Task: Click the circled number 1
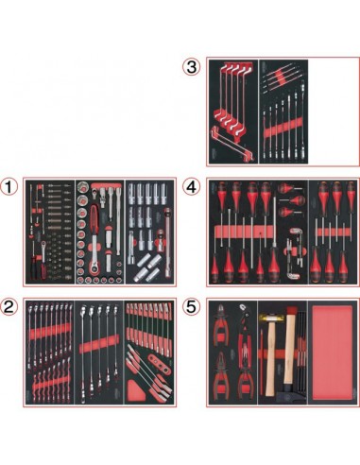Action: pyautogui.click(x=10, y=185)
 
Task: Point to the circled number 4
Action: pyautogui.click(x=193, y=185)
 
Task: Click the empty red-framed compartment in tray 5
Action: pyautogui.click(x=330, y=353)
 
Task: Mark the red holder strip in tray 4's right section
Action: pyautogui.click(x=330, y=231)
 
